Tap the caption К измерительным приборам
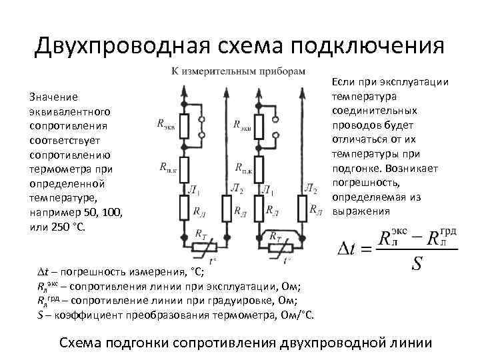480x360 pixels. pyautogui.click(x=238, y=71)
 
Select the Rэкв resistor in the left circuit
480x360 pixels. pyautogui.click(x=183, y=124)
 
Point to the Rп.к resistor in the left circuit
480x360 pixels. pyautogui.click(x=183, y=168)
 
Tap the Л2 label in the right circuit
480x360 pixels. pyautogui.click(x=311, y=189)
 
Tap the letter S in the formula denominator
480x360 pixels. pyautogui.click(x=416, y=265)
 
